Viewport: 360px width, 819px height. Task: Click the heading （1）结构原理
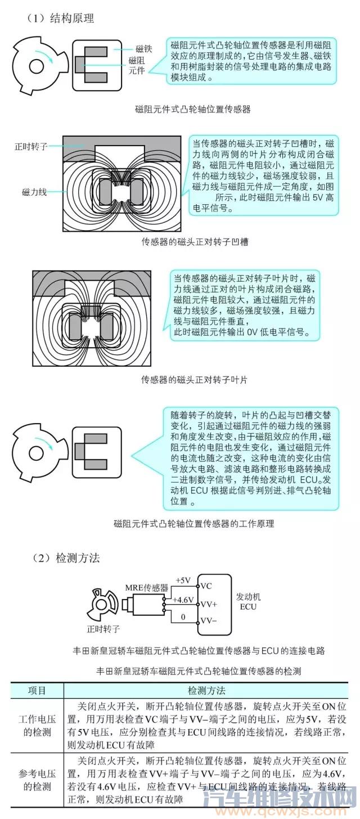tap(60, 18)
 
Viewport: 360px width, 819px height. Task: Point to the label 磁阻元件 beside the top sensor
tap(137, 65)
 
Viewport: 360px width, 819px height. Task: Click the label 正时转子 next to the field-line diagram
tap(31, 146)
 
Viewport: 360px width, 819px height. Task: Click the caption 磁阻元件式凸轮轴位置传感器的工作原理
tap(193, 523)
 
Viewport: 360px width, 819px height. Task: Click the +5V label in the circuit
tap(184, 580)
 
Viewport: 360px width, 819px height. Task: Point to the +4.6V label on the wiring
tap(183, 600)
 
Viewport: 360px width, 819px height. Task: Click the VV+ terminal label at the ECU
tap(209, 604)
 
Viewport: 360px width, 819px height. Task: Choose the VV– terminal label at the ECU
tap(209, 622)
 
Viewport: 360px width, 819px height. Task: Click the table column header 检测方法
tap(206, 690)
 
